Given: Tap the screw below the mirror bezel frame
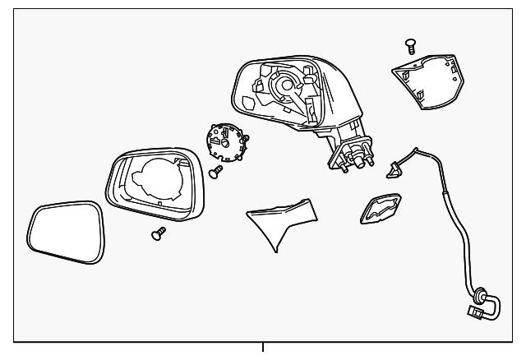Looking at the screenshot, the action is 157,235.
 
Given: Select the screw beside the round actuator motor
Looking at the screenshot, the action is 217,172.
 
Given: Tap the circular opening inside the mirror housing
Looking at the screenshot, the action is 285,84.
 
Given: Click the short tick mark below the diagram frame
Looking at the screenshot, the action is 263,347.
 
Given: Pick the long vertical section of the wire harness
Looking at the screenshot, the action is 451,222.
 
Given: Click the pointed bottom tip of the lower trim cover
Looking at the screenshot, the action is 274,248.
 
